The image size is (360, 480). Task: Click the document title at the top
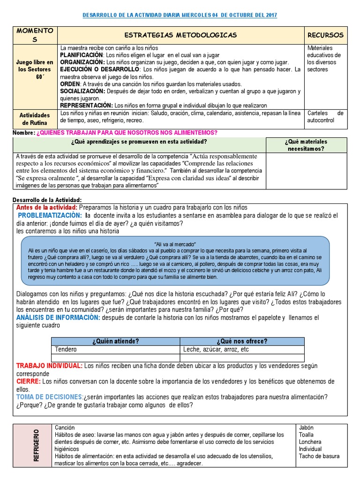click(x=180, y=15)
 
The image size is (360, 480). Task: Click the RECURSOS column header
click(x=325, y=35)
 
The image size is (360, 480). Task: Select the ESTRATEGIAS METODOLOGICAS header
click(x=180, y=35)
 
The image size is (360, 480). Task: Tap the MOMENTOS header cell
click(x=35, y=35)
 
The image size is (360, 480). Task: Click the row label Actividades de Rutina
click(x=35, y=119)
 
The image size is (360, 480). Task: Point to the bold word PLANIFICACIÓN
click(x=82, y=55)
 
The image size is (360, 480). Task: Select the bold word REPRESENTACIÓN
click(x=86, y=106)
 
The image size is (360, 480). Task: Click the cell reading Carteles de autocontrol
click(x=325, y=117)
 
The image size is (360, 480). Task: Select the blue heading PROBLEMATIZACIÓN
click(x=50, y=216)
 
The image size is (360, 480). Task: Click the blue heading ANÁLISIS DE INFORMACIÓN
click(x=58, y=318)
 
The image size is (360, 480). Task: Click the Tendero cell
click(x=66, y=350)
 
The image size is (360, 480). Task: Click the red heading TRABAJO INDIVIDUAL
click(x=50, y=366)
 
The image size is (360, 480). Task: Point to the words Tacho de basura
click(x=319, y=456)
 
